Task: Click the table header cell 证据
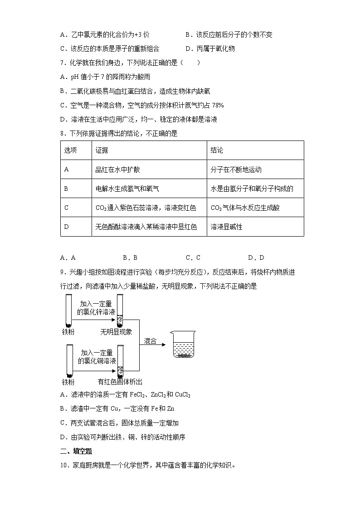point(102,150)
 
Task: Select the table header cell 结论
point(217,150)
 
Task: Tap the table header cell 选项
point(70,150)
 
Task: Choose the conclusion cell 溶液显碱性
point(227,227)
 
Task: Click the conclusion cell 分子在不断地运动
point(236,170)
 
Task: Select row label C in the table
point(66,208)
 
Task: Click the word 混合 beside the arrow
point(150,341)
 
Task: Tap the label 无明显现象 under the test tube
point(117,332)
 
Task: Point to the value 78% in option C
point(217,105)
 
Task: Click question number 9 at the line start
point(63,272)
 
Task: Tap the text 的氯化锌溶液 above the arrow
point(96,312)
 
